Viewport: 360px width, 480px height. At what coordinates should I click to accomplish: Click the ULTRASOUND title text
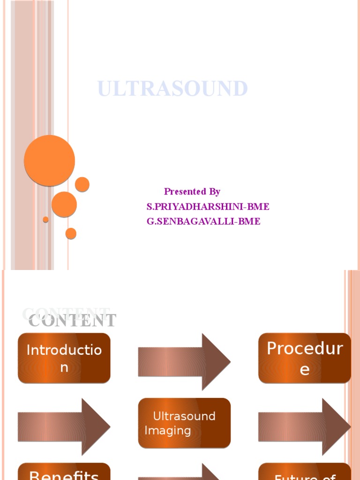coord(172,89)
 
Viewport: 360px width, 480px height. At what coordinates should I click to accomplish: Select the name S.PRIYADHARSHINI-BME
coord(208,207)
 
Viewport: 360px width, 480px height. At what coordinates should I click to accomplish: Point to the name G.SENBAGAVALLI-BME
coord(203,222)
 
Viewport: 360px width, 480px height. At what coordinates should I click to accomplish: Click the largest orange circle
coord(49,160)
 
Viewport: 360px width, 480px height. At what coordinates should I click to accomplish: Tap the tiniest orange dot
coord(45,219)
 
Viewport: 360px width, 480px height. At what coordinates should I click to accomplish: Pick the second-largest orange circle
coord(64,204)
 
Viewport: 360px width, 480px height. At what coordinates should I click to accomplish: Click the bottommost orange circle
coord(71,233)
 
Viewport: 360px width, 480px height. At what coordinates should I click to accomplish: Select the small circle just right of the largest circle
coord(82,184)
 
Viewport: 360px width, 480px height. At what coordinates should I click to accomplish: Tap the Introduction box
coord(64,358)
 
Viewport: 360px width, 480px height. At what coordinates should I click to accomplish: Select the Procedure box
coord(305,358)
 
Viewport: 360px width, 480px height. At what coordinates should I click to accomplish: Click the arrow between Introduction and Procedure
coord(184,361)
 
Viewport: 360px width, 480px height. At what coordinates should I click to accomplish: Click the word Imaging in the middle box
coord(168,431)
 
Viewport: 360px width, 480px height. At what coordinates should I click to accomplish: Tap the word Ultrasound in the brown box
coord(184,416)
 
